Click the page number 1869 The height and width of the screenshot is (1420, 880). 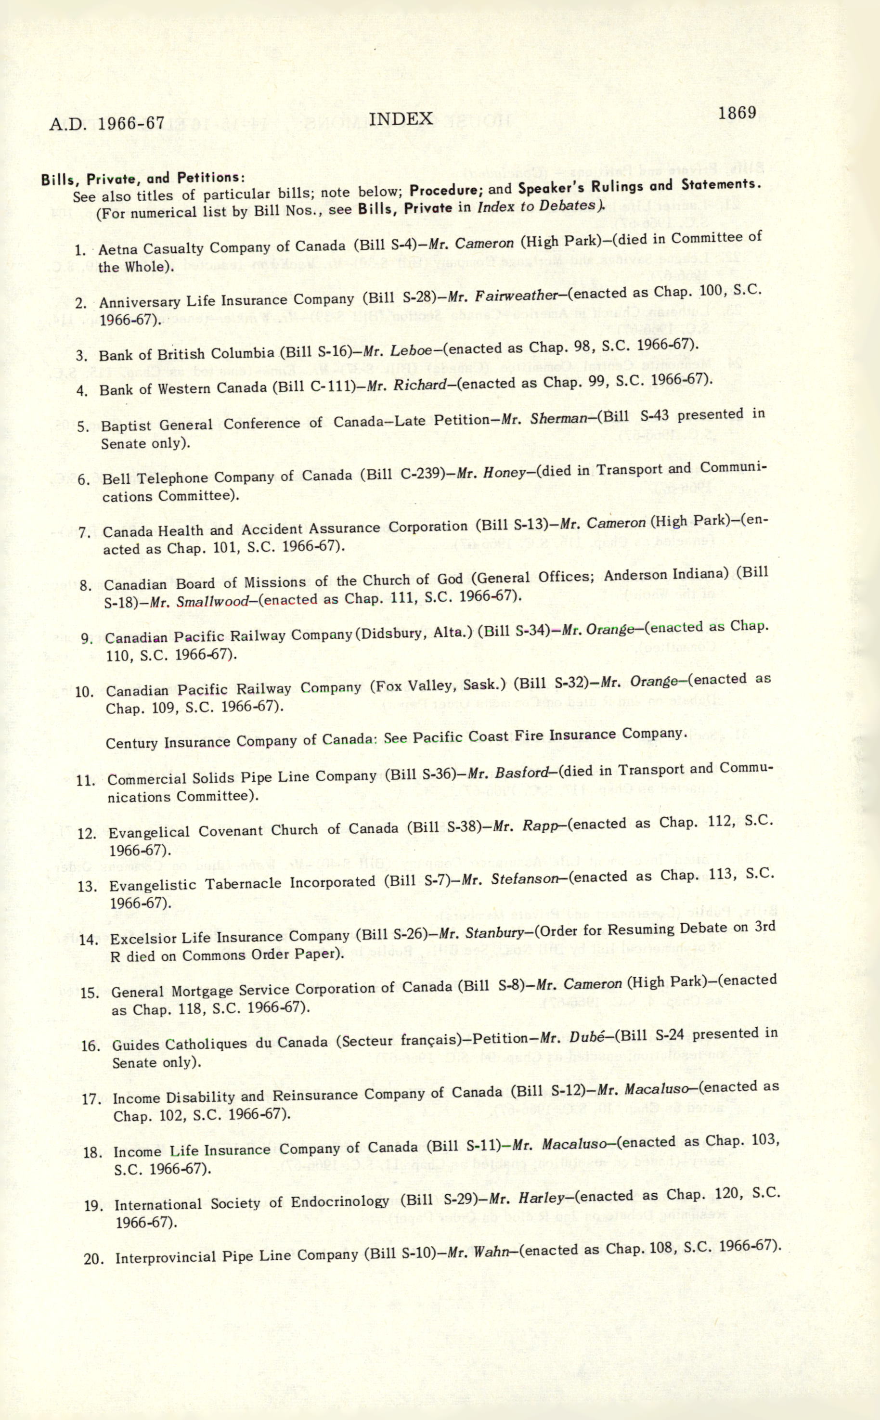[x=737, y=113]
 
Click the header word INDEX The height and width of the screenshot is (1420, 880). [x=401, y=119]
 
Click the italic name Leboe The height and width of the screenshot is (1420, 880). [x=411, y=350]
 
